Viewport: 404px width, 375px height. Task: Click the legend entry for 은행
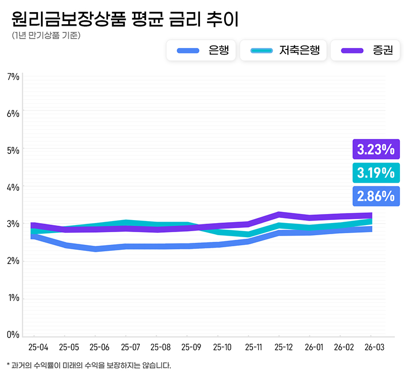pyautogui.click(x=200, y=50)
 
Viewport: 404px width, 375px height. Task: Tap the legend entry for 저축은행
pyautogui.click(x=283, y=50)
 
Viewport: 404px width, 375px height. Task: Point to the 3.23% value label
pyautogui.click(x=376, y=149)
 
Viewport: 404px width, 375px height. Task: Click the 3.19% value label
pyautogui.click(x=376, y=173)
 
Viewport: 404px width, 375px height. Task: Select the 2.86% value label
pyautogui.click(x=376, y=196)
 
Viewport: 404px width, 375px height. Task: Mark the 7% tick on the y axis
pyautogui.click(x=13, y=77)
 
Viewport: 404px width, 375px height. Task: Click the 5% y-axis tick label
pyautogui.click(x=13, y=150)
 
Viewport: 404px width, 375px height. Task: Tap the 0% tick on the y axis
pyautogui.click(x=13, y=335)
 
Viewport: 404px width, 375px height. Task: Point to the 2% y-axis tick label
pyautogui.click(x=13, y=261)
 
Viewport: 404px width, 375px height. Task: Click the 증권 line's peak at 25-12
pyautogui.click(x=279, y=215)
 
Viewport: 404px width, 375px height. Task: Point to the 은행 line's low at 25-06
pyautogui.click(x=95, y=249)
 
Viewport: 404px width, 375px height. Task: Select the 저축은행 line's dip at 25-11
pyautogui.click(x=248, y=234)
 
